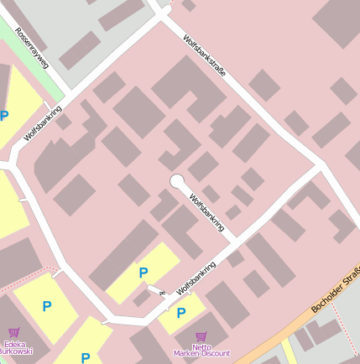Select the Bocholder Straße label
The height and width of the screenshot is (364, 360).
coord(337,289)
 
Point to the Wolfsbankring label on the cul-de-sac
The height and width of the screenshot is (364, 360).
coord(207,212)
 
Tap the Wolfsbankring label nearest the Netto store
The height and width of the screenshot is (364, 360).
coord(196,278)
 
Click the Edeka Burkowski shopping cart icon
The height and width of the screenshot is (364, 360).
coord(13,333)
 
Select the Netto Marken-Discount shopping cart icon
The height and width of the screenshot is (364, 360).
coord(201,336)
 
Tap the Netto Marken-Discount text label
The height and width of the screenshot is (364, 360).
coord(201,350)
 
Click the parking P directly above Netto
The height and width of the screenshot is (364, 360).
coord(180,313)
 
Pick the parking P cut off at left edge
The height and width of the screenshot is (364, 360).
coord(4,116)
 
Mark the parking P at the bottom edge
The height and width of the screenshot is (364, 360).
coord(86,357)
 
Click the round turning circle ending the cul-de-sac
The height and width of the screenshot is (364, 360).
coord(177,181)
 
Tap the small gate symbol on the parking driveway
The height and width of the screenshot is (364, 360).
coord(160,293)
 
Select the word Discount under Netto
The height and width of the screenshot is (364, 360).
coord(214,353)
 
